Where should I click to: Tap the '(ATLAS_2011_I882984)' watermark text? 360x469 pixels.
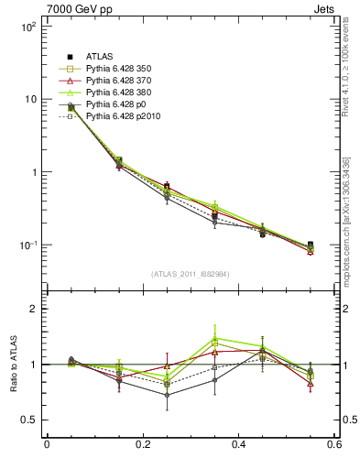click(190, 274)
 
